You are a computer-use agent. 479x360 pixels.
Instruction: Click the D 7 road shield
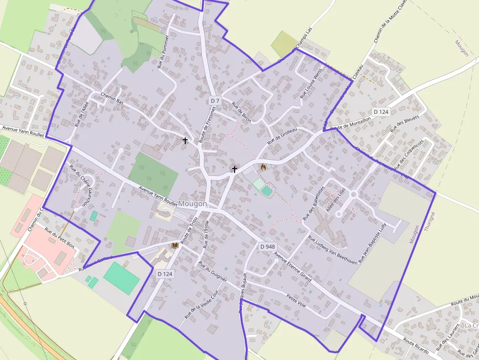(215, 101)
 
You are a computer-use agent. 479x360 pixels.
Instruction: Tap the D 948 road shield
(267, 247)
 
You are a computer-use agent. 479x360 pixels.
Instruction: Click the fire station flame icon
(263, 167)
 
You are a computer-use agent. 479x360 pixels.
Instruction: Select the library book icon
(174, 245)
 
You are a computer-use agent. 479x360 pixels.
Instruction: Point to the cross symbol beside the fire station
(235, 169)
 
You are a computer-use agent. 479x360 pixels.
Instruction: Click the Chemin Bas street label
(112, 98)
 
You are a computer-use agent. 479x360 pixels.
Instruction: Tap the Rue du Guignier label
(213, 271)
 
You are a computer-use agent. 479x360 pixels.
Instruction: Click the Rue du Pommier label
(163, 51)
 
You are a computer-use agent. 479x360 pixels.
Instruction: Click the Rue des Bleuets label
(399, 122)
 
